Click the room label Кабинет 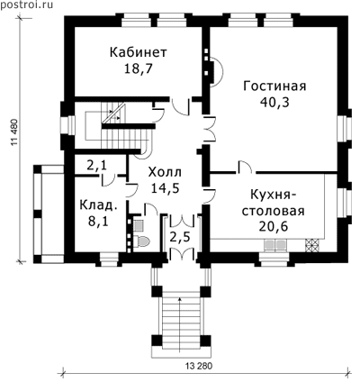[138, 52]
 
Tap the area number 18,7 [139, 69]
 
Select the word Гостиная [274, 86]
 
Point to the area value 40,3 [274, 103]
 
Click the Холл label [166, 172]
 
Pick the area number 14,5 [166, 188]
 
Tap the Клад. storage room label [98, 205]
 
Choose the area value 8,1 [98, 222]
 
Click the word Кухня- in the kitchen [273, 195]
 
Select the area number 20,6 [273, 226]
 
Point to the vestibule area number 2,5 [180, 237]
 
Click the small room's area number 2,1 [96, 166]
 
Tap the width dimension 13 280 [199, 367]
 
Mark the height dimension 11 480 [15, 132]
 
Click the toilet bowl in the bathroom [142, 241]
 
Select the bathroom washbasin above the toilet [139, 225]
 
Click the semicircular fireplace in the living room [217, 71]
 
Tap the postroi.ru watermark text [26, 5]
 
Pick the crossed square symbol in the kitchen [313, 245]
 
